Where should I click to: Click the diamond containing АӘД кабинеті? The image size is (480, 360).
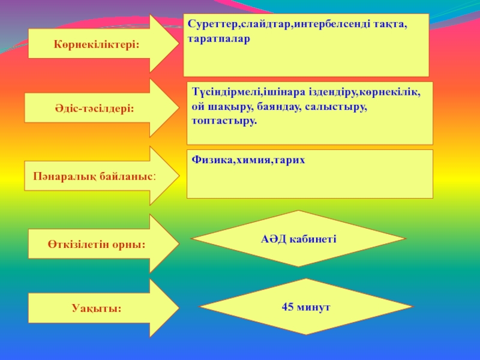298,238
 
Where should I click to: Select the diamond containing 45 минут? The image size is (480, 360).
306,306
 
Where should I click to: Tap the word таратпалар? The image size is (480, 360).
218,39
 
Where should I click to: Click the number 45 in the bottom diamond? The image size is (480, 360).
287,306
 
